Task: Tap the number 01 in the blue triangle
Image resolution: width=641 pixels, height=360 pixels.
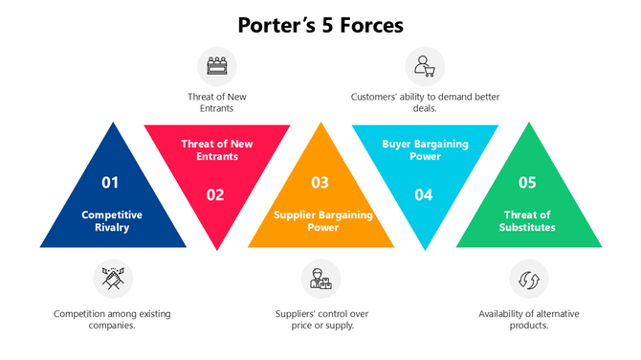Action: point(111,182)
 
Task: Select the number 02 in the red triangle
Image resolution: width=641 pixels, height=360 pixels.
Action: point(215,194)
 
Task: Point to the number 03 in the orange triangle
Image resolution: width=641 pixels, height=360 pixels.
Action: point(320,182)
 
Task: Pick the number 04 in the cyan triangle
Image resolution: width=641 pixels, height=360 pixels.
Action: point(424,194)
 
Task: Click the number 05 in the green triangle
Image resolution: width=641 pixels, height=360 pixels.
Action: point(528,182)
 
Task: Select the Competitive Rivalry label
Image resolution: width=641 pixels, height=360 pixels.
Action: point(112,221)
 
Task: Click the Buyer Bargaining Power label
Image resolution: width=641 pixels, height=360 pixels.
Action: point(424,149)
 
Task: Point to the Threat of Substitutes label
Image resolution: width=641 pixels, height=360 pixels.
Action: point(529,221)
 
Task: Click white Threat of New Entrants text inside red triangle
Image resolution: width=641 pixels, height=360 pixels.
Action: point(216,149)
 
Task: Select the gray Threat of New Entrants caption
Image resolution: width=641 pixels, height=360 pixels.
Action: point(216,102)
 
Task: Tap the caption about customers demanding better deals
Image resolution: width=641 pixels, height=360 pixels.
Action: point(424,102)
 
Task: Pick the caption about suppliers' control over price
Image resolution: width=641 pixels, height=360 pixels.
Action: point(320,320)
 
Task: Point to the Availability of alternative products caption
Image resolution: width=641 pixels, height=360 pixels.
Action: point(528,320)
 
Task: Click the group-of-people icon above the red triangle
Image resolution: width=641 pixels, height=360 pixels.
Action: point(216,66)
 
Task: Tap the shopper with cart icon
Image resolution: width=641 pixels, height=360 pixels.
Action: point(424,66)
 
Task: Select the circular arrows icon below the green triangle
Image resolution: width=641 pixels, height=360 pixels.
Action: point(528,280)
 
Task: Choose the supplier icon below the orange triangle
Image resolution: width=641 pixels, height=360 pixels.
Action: point(320,280)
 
